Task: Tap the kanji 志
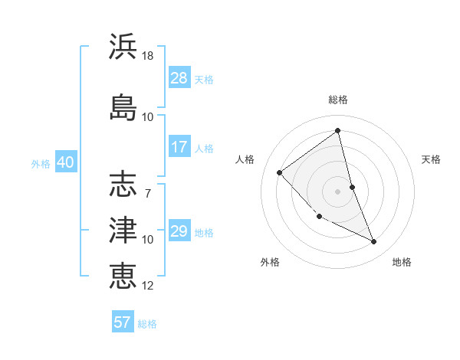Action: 123,185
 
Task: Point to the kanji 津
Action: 123,229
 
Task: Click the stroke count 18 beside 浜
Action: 148,57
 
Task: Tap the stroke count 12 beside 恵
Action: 148,286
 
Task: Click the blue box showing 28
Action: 179,78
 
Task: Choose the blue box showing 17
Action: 179,147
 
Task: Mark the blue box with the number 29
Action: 179,231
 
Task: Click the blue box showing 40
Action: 65,162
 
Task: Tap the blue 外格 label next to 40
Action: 41,163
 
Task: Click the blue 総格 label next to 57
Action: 147,324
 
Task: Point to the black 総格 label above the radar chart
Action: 338,100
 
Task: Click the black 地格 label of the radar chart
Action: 402,263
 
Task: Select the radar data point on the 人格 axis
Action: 280,172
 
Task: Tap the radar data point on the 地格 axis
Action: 374,242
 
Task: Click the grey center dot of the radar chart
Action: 338,191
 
